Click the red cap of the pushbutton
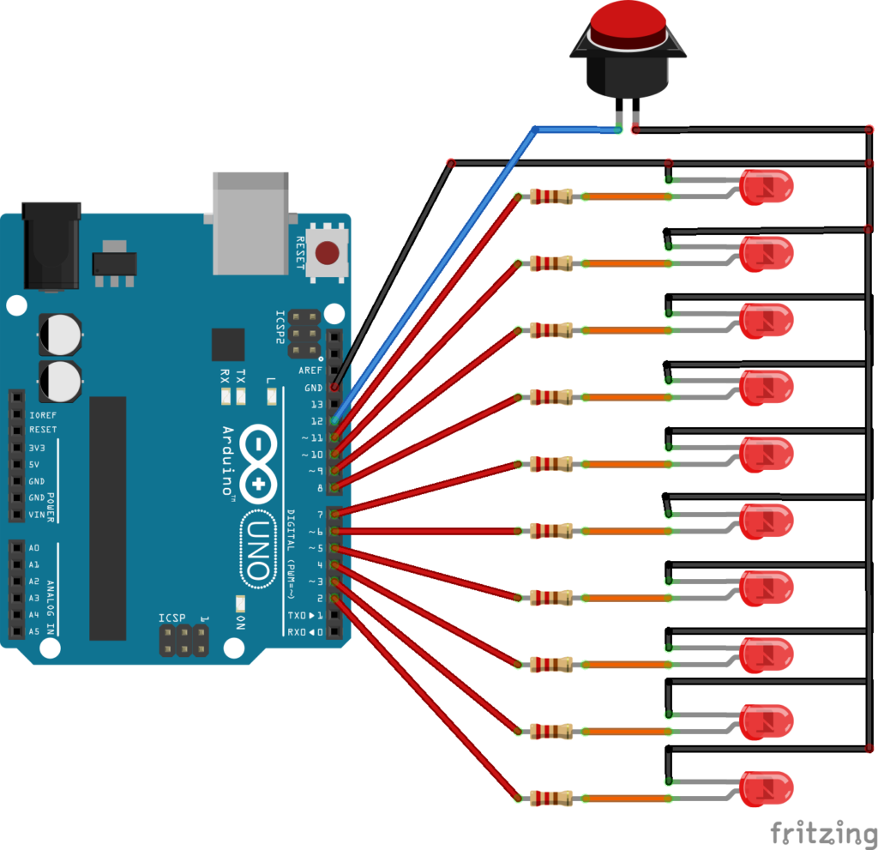tap(628, 25)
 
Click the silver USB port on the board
tap(250, 224)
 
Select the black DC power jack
tap(51, 245)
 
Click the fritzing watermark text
tap(824, 833)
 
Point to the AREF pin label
tap(310, 371)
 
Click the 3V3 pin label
tap(37, 448)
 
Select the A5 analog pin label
tap(34, 631)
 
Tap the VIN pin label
tap(37, 515)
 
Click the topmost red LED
tap(766, 187)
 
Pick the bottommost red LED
tap(766, 788)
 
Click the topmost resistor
tap(551, 196)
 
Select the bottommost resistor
tap(551, 798)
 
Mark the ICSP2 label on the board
tap(280, 328)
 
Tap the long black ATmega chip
tap(107, 518)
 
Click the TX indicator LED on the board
tap(241, 396)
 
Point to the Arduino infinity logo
tap(258, 464)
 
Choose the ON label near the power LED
tap(241, 623)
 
